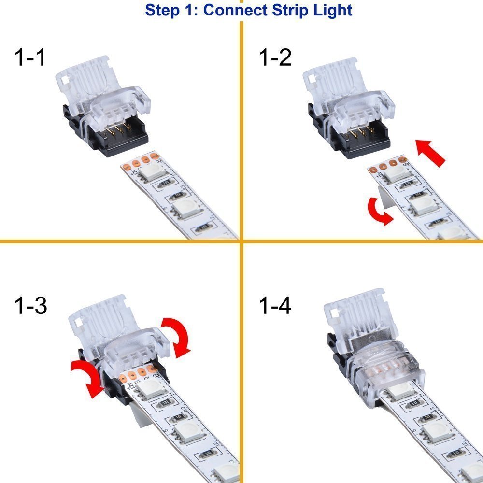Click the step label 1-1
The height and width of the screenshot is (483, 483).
pyautogui.click(x=30, y=58)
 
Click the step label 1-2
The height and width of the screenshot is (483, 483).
pyautogui.click(x=275, y=58)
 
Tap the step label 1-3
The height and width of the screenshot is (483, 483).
pyautogui.click(x=30, y=306)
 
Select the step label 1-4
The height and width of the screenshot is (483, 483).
pyautogui.click(x=275, y=306)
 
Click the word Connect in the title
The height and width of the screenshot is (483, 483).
pyautogui.click(x=235, y=10)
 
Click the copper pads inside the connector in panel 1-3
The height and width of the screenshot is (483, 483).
pyautogui.click(x=139, y=373)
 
